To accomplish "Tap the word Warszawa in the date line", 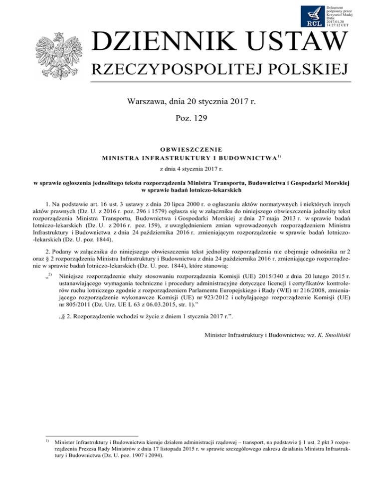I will point(147,104).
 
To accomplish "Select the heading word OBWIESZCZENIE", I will point(191,148).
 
